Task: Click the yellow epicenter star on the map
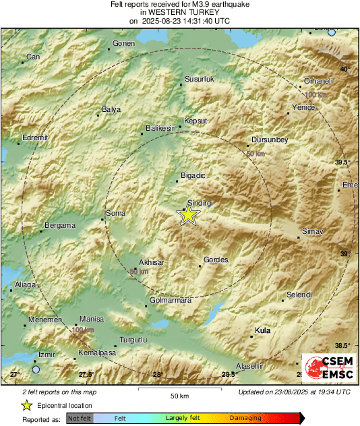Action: point(189,215)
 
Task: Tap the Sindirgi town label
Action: point(200,203)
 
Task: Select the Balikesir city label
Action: point(160,128)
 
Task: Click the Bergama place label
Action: point(59,225)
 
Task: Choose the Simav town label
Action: point(313,231)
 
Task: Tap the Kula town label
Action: point(262,330)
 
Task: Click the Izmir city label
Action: point(46,354)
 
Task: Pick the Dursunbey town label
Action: point(269,140)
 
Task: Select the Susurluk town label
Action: point(199,80)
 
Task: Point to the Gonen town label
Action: point(124,43)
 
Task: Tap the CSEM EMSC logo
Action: point(326,368)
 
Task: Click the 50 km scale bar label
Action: point(179,396)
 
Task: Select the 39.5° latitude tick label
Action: point(344,162)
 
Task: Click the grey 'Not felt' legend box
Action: point(80,419)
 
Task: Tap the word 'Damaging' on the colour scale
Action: point(246,419)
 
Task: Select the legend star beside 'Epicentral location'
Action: point(27,406)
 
